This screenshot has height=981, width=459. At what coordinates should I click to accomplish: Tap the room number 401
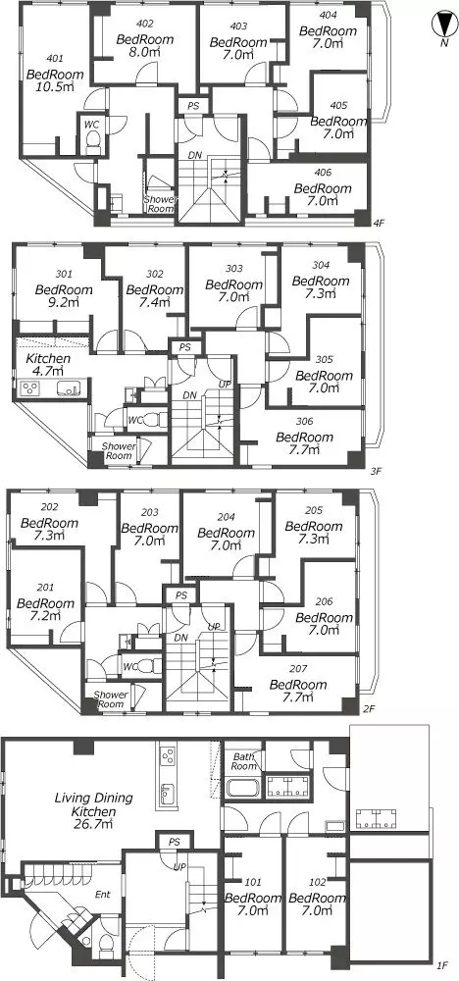55,59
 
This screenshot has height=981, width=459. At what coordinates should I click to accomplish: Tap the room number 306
305,422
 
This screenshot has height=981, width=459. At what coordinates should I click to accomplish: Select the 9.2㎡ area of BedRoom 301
66,303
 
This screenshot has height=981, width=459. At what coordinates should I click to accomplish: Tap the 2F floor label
369,708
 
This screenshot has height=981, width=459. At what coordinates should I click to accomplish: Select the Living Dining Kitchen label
94,804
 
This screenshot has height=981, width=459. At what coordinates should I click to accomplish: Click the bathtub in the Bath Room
242,787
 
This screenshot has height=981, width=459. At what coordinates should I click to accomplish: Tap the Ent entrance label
103,895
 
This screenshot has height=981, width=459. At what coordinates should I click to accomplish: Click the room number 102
318,883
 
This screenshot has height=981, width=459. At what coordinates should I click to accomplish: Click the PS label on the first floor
174,842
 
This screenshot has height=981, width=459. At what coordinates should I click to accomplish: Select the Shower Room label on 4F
160,204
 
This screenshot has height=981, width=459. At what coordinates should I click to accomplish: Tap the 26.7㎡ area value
95,824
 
